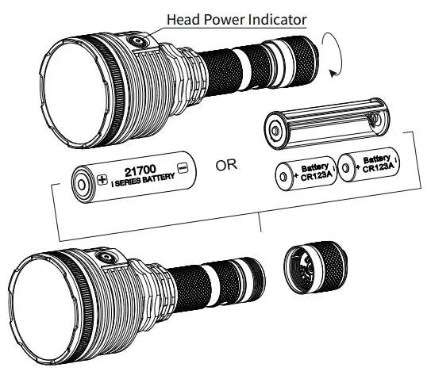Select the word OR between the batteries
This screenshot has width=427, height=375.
pyautogui.click(x=227, y=166)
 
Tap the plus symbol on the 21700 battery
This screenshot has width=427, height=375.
pyautogui.click(x=102, y=179)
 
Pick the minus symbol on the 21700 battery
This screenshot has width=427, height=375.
pyautogui.click(x=183, y=168)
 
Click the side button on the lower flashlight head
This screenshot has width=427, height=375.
pyautogui.click(x=105, y=258)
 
